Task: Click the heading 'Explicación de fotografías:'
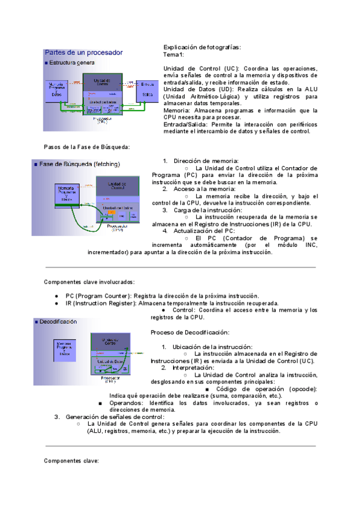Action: point(202,46)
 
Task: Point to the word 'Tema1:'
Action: point(174,54)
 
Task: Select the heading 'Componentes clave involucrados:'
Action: point(89,282)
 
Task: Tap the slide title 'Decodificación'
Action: point(58,322)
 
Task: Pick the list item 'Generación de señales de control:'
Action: point(115,417)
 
